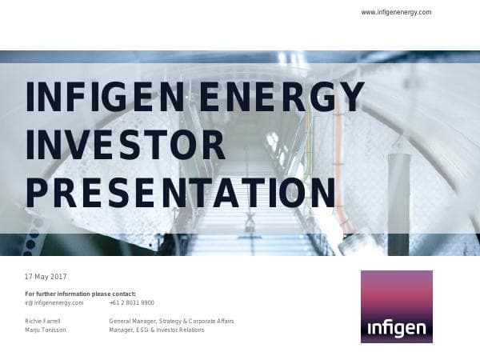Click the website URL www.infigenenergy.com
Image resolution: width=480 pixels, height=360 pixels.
[396, 12]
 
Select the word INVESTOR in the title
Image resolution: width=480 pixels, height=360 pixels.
[126, 145]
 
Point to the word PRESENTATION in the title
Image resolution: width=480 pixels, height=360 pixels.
[181, 193]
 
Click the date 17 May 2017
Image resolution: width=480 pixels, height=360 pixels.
[46, 276]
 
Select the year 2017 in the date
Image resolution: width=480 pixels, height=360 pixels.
[58, 276]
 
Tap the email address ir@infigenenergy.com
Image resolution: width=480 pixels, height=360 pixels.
[54, 303]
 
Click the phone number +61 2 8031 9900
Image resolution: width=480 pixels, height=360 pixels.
[131, 303]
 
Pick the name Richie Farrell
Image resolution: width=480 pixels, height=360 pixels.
[43, 321]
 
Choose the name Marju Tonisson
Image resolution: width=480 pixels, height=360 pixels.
[46, 330]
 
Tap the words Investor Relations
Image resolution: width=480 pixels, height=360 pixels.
[181, 330]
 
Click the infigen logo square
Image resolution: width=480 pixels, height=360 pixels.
[396, 306]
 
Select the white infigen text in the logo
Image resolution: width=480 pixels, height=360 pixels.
[396, 329]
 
